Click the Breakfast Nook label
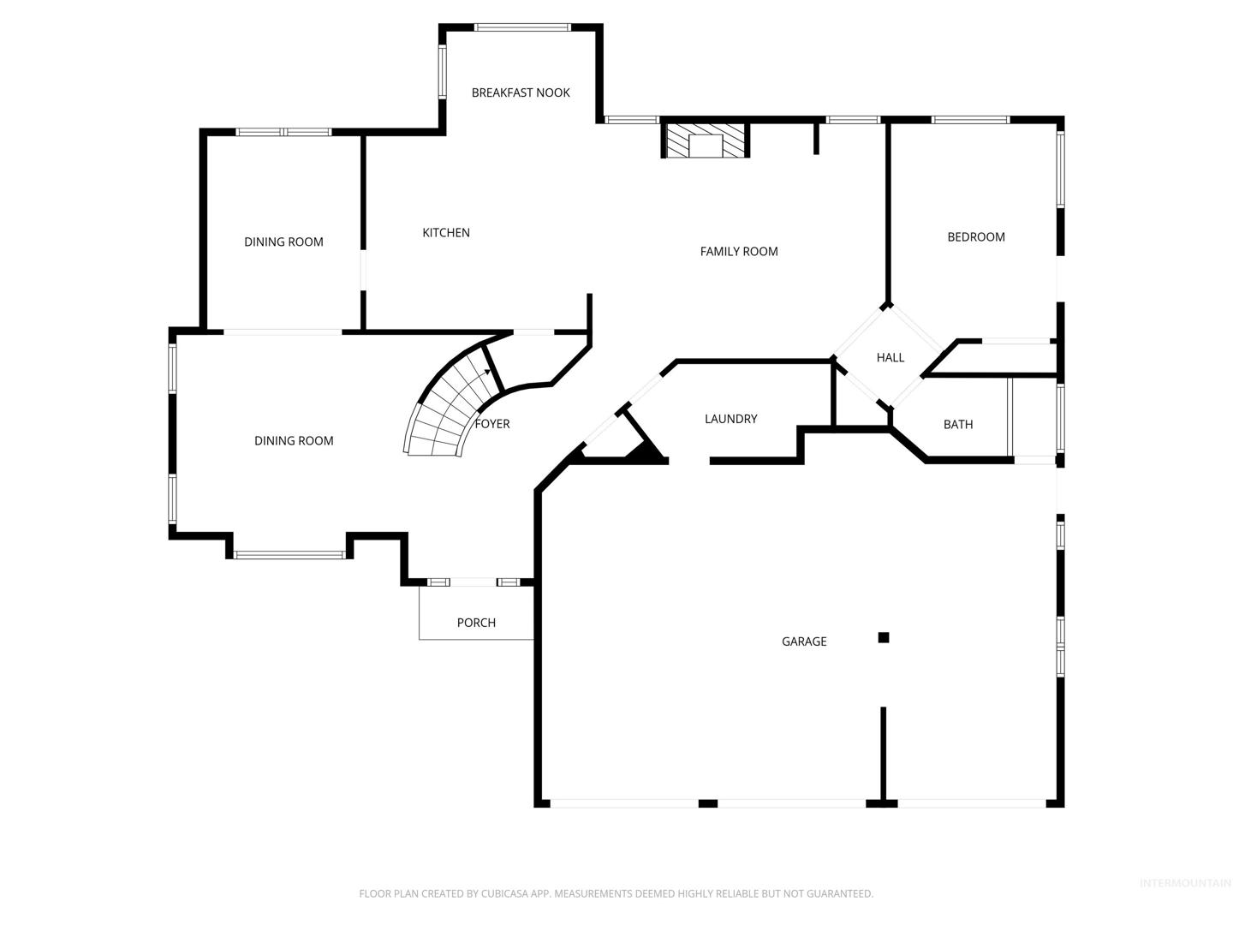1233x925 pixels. click(x=520, y=92)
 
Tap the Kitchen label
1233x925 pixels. click(x=446, y=232)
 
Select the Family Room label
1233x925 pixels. click(x=739, y=252)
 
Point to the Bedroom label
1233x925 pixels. click(x=976, y=237)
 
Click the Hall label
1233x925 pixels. click(x=890, y=357)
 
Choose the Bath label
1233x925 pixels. click(x=958, y=425)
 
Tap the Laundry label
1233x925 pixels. click(x=731, y=419)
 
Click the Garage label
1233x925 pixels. click(x=804, y=642)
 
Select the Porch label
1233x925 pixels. click(x=476, y=623)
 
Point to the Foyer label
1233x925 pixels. click(x=492, y=424)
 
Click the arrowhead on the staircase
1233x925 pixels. click(x=487, y=371)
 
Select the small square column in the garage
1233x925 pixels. click(x=883, y=637)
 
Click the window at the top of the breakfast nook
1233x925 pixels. click(x=522, y=27)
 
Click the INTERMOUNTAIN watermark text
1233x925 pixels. click(x=1185, y=883)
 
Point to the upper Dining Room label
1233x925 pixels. click(x=283, y=242)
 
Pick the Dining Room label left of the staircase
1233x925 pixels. click(x=294, y=441)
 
